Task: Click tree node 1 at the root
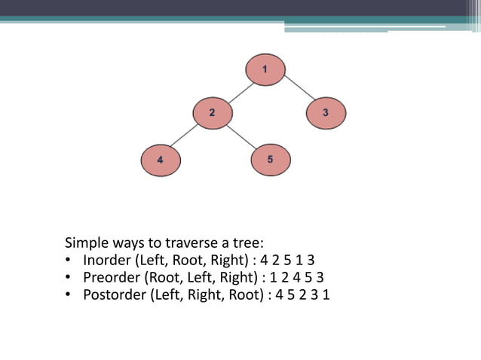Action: point(265,70)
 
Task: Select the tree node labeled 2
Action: point(213,113)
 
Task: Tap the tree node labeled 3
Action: point(326,113)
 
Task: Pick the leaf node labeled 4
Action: point(161,160)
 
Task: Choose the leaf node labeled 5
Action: point(270,160)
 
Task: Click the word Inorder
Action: point(107,260)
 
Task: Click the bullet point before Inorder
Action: point(69,261)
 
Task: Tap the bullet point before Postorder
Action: point(69,294)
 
